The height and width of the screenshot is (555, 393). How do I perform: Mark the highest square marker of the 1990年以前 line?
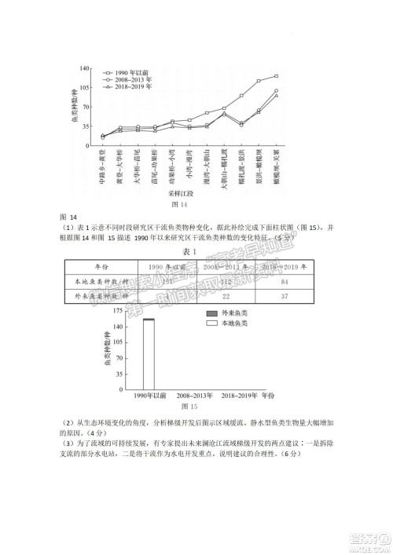coord(276,76)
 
